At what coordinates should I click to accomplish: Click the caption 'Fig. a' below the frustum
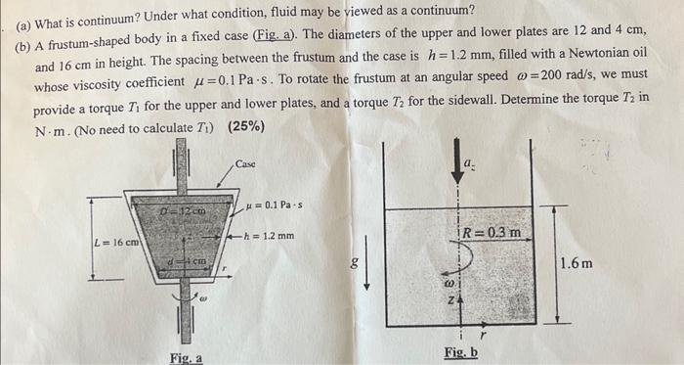pos(185,357)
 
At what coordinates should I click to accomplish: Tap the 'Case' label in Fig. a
pos(245,163)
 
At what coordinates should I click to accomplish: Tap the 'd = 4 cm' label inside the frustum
pos(188,261)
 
